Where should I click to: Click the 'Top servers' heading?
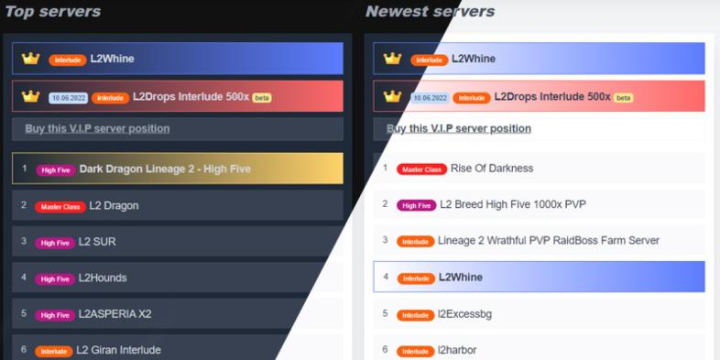53,12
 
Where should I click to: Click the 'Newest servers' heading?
431,12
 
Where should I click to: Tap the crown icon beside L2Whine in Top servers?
31,59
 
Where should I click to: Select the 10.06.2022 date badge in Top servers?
69,98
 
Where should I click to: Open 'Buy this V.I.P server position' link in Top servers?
97,128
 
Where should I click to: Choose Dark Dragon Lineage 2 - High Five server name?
165,169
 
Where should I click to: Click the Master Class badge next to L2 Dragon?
60,207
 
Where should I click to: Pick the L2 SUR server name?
97,242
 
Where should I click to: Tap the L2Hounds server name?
103,278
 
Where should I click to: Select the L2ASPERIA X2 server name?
115,314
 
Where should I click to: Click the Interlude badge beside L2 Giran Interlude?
54,351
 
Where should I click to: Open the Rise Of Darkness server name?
492,169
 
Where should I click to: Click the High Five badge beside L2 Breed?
417,206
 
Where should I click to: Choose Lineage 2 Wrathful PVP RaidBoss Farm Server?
549,240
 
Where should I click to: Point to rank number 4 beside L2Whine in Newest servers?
386,277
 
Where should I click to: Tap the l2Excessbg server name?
464,314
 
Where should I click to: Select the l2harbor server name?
457,350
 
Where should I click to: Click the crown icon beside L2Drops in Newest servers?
392,96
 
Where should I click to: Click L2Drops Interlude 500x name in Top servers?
191,97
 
